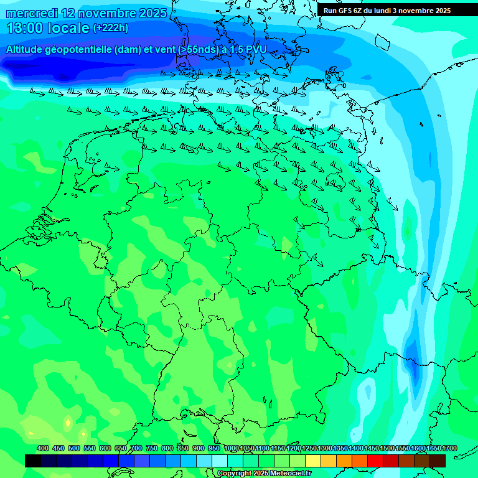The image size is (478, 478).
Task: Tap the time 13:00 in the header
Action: coord(26,28)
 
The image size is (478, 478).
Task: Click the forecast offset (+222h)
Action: coord(110,28)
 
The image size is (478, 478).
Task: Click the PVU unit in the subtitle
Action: coord(256,49)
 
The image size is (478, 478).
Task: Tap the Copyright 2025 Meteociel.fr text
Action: coord(264,474)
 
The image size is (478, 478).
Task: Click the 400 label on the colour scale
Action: coord(43,449)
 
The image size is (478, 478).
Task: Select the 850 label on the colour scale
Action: coord(183,449)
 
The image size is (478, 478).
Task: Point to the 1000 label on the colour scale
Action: coord(231,449)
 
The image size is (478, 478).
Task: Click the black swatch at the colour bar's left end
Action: coord(33,461)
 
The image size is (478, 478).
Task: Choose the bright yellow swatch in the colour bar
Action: coord(313,461)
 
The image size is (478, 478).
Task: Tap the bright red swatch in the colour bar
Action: coord(375,461)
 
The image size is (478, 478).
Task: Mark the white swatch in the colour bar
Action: coord(220,461)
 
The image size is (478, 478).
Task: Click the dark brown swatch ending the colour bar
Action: coord(438,461)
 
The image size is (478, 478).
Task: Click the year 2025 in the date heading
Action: coord(151,13)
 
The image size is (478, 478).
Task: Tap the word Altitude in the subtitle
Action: coord(25,49)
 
